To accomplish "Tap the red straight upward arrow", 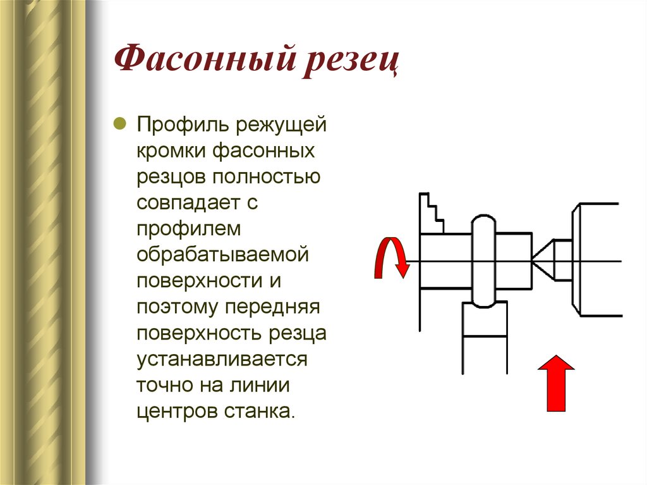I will pos(556,383).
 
